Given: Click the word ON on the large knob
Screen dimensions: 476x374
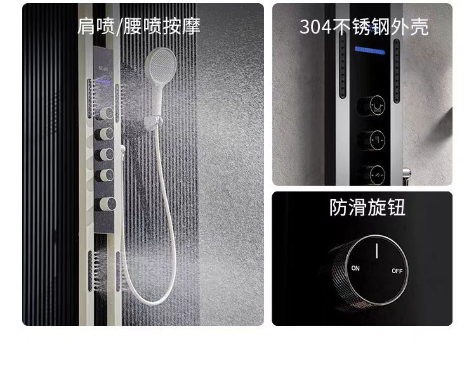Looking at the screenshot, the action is tap(355, 268).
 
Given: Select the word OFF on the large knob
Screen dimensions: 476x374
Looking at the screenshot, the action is tap(397, 271).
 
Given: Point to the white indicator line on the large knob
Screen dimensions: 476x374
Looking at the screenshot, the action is tap(377, 250).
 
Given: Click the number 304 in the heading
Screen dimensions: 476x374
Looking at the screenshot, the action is tap(315, 27).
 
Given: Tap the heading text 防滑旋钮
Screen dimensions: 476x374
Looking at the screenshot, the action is tap(367, 208).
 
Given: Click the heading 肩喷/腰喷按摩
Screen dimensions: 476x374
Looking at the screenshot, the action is tap(139, 26).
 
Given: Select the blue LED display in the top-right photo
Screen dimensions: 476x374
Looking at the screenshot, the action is tap(369, 50).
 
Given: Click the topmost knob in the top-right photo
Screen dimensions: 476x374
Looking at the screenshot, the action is tap(371, 106).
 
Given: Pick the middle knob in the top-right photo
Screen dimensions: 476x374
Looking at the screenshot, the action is tap(371, 140).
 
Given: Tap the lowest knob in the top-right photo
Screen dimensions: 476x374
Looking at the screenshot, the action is tap(371, 174).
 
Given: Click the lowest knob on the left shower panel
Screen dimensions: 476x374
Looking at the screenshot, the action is tap(105, 204).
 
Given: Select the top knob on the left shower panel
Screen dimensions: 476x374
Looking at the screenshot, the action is tap(105, 113).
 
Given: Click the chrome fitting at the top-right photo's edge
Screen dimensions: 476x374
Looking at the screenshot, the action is tap(406, 176).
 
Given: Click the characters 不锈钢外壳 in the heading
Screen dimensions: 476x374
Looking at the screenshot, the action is tap(380, 27).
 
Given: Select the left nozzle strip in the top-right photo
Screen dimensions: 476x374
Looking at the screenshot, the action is tap(343, 65).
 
